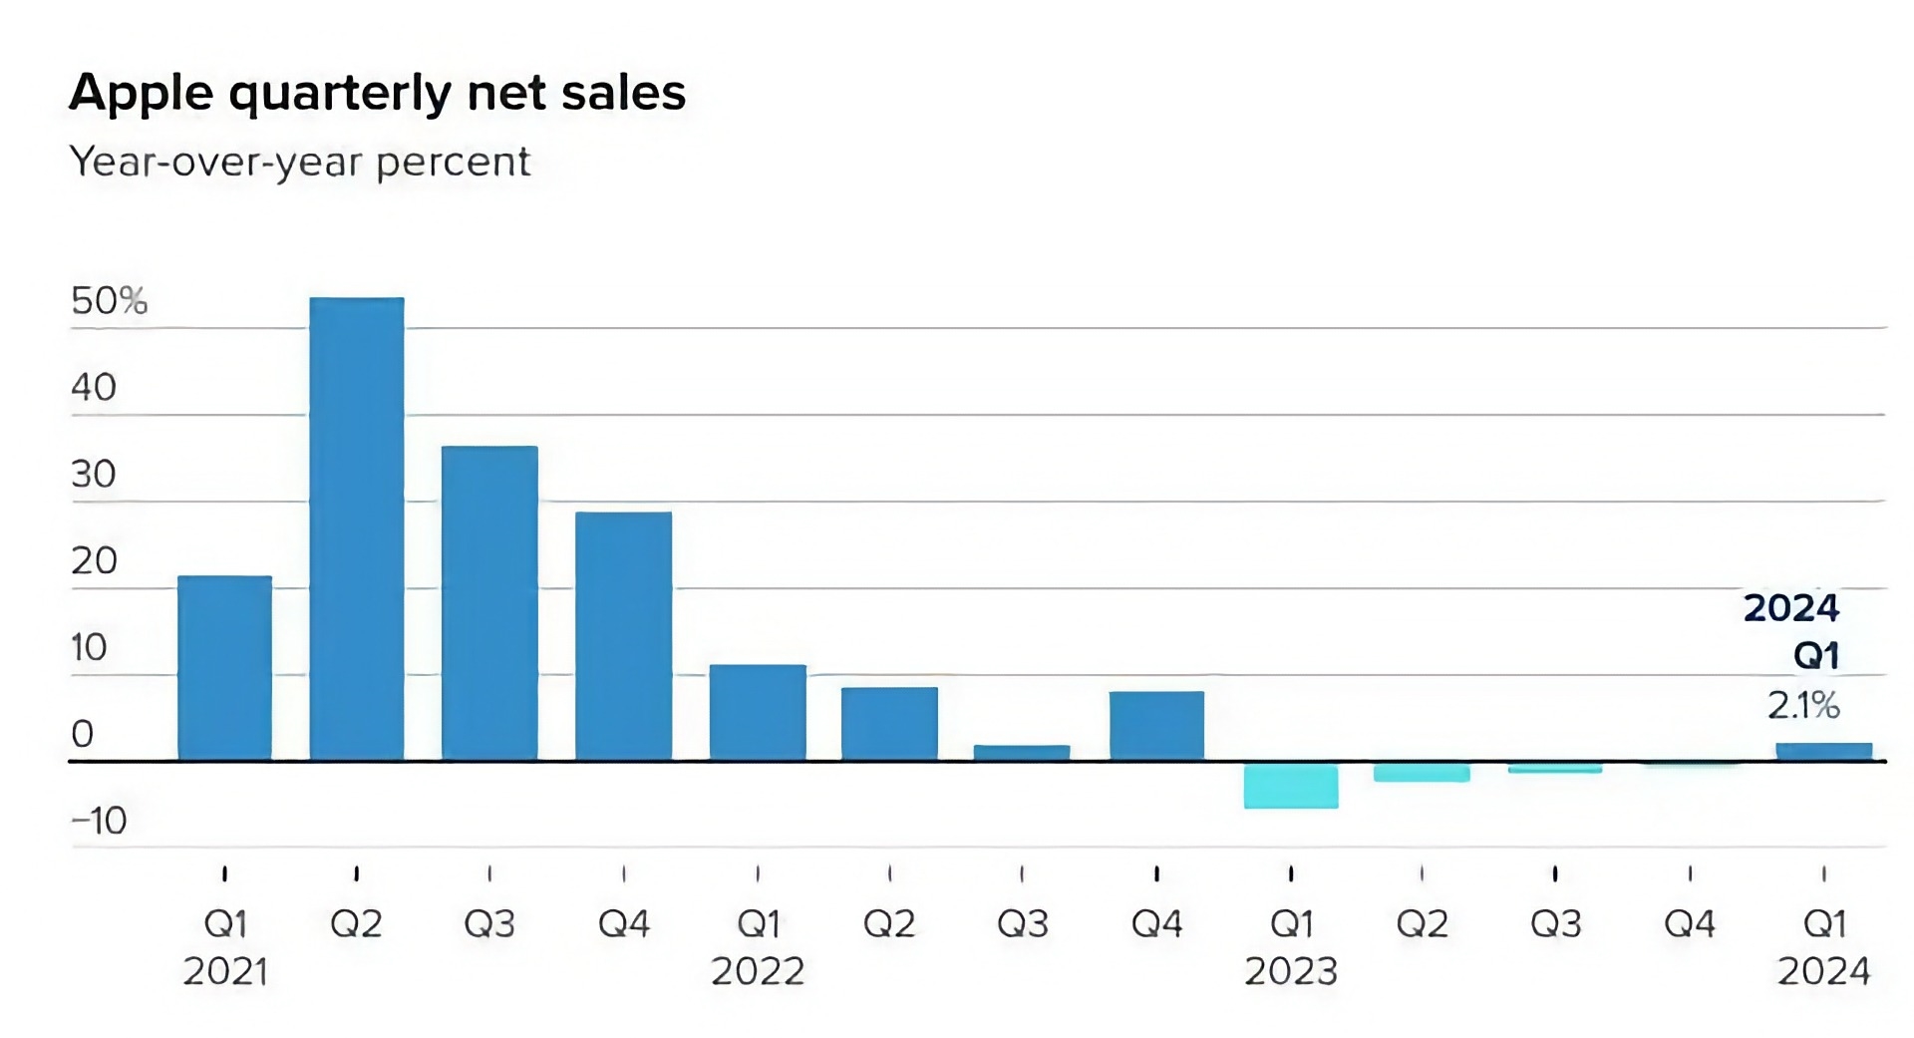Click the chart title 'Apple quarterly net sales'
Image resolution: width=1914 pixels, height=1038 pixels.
377,93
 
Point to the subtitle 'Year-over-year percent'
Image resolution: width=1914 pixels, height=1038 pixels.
299,162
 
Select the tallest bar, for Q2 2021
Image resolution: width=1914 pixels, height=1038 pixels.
357,528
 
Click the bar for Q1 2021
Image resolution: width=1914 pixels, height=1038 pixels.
225,668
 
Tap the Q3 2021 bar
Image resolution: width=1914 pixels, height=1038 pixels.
489,603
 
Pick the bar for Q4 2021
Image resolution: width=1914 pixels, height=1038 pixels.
624,636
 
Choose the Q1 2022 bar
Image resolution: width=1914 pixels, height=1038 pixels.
758,712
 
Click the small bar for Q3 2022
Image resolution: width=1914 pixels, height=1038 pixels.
1022,753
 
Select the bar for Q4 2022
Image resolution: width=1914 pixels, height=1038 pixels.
1156,726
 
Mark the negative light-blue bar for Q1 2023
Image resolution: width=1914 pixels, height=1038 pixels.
1291,786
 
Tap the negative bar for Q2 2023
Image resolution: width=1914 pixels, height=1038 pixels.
1422,773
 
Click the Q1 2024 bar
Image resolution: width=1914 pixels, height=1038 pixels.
1824,752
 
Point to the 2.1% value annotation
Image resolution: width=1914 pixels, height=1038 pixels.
1803,706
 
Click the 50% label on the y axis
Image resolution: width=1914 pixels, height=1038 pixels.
109,300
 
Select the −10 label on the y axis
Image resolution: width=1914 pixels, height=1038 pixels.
99,821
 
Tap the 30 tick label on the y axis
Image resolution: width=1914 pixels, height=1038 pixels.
94,474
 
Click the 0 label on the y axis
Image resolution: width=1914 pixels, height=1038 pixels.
83,734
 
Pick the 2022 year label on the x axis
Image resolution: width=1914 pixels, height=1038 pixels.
758,971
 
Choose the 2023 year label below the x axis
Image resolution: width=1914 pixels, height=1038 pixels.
1291,971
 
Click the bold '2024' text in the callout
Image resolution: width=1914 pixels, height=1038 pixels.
1790,608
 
